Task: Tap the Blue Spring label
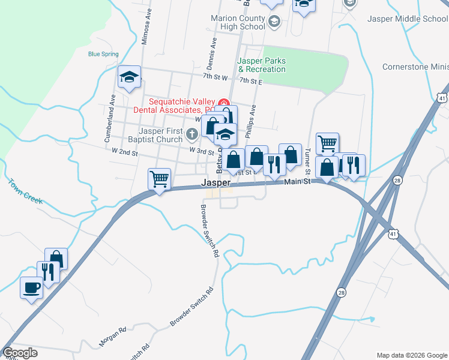[x=103, y=54]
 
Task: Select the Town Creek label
[x=25, y=191]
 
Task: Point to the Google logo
[x=21, y=353]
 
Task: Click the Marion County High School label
[x=238, y=23]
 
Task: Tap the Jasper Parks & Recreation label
[x=261, y=65]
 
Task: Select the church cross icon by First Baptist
[x=191, y=133]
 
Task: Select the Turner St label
[x=307, y=158]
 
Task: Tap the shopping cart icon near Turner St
[x=327, y=143]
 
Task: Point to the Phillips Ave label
[x=253, y=120]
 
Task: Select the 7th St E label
[x=252, y=80]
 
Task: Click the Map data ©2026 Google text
[x=411, y=355]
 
